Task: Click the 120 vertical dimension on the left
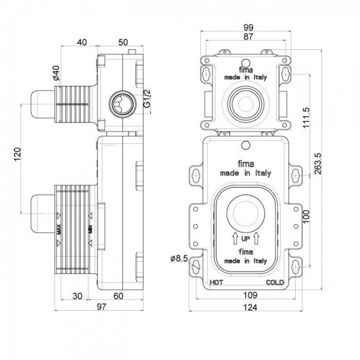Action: [x=18, y=156]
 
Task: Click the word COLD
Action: [x=275, y=283]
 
